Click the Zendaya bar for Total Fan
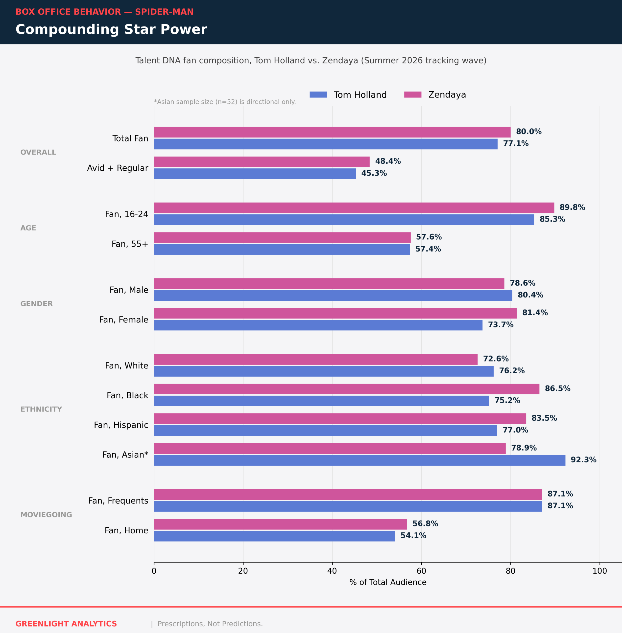click(332, 132)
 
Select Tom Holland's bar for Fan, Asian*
click(360, 460)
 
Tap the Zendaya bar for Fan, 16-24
click(354, 208)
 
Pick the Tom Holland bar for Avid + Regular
click(255, 174)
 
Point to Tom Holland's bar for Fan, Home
click(274, 536)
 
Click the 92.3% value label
click(583, 460)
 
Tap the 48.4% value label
click(388, 161)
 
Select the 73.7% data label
click(501, 325)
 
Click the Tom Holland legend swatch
click(318, 95)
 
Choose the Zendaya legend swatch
click(413, 95)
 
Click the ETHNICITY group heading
click(41, 409)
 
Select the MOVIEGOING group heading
click(46, 515)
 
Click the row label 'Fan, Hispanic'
click(121, 425)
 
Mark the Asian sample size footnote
click(225, 102)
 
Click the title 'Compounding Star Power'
click(111, 29)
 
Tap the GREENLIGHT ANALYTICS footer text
click(66, 624)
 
